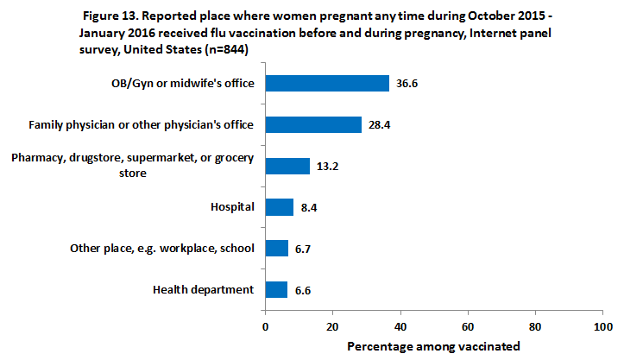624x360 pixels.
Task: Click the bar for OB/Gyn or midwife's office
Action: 327,83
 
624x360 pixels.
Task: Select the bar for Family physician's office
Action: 313,124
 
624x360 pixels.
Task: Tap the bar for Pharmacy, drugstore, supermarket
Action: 287,166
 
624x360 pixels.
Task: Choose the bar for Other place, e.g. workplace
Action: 276,249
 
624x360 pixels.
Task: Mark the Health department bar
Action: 276,290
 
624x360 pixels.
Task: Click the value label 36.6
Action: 407,84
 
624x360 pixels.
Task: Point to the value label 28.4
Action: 380,125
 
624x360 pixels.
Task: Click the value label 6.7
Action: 303,249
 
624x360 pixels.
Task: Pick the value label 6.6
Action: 303,291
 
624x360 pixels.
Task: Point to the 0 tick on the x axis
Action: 265,327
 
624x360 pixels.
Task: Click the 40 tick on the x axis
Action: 400,327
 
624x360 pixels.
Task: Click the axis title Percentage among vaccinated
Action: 433,346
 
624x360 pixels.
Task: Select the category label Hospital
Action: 232,207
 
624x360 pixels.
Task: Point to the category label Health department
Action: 205,290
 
